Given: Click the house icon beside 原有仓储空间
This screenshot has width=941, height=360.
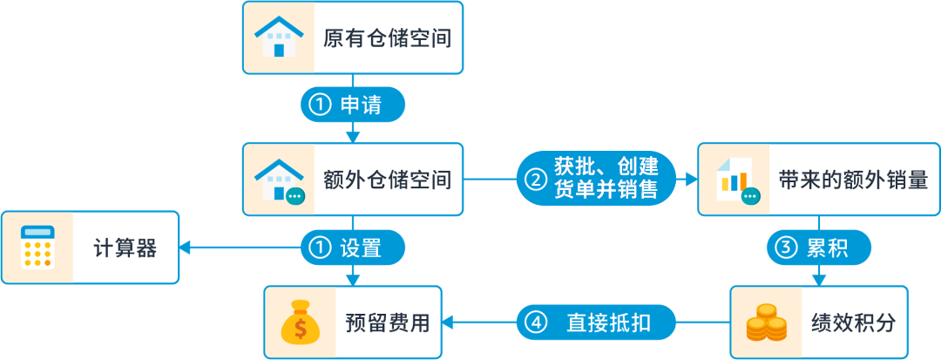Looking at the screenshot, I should [278, 37].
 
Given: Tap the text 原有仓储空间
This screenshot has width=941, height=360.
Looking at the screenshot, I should [387, 38].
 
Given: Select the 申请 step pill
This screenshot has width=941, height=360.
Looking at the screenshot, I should [353, 105].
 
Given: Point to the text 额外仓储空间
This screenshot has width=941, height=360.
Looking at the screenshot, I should [387, 180].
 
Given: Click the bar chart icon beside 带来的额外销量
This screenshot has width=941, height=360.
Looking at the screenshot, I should [734, 180].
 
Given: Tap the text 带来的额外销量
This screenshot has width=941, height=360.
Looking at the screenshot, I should [853, 180].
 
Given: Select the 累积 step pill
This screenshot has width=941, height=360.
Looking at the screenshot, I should [819, 248].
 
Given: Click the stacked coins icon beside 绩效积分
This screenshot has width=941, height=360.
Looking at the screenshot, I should [766, 323].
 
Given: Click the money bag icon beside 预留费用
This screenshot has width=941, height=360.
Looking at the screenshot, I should [300, 323].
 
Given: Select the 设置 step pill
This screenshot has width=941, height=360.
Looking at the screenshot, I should [353, 248].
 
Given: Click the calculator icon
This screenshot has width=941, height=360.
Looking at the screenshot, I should [37, 248].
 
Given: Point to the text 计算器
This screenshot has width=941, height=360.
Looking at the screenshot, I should [125, 248].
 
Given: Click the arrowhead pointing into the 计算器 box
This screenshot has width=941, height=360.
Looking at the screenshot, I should [186, 248].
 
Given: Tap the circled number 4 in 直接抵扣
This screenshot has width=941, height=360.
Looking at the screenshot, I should [537, 323].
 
